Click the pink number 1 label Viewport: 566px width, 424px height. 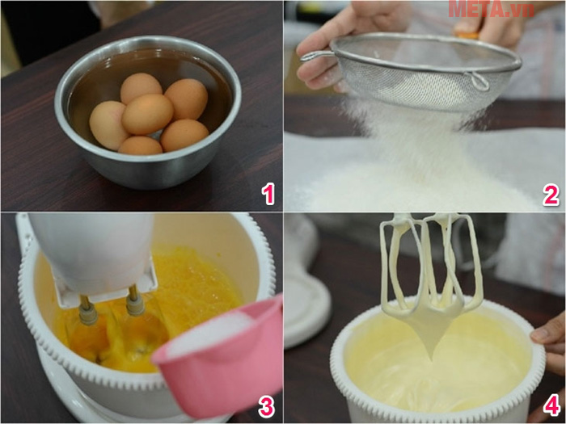[268, 194]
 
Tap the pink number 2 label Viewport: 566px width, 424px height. [551, 194]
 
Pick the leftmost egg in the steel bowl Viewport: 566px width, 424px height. [108, 124]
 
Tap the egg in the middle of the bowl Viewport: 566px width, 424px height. [147, 114]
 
